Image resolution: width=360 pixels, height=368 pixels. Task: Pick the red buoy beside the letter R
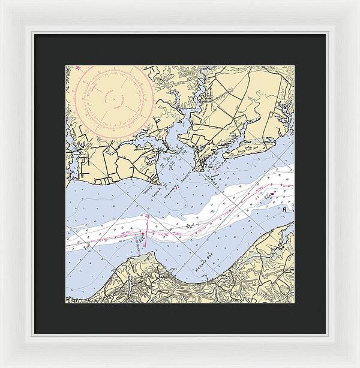point(272,194)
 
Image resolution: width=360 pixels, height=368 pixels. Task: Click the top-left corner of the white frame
point(2,2)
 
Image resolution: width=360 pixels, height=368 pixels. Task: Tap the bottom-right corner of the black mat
point(326,333)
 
